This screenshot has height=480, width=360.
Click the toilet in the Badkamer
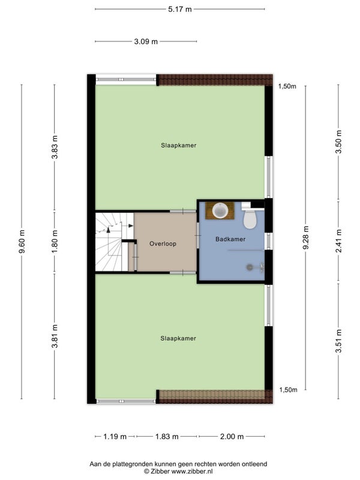pos(250,216)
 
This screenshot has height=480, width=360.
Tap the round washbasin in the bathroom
pos(220,211)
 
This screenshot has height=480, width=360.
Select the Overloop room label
pos(163,244)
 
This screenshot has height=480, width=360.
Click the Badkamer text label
pos(230,239)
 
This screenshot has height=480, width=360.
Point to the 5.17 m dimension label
pos(179,9)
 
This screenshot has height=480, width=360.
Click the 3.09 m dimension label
pos(146,41)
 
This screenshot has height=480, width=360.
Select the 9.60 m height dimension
pos(22,242)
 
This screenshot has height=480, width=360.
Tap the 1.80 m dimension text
pos(55,242)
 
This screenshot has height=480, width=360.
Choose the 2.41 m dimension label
pos(338,241)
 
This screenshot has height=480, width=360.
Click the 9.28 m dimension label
pos(306,238)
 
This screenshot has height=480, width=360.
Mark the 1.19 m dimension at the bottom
pos(115,437)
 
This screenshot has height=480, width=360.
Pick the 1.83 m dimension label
pos(167,437)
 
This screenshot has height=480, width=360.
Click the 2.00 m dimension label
pos(232,437)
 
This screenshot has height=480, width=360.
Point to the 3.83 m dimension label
pos(55,147)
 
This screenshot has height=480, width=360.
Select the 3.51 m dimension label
pos(338,341)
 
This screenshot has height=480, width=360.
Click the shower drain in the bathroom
pos(249,267)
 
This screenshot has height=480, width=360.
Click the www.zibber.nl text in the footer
pos(191,472)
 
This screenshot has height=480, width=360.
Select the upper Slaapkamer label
pos(179,145)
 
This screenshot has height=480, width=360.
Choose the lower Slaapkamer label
pos(178,338)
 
